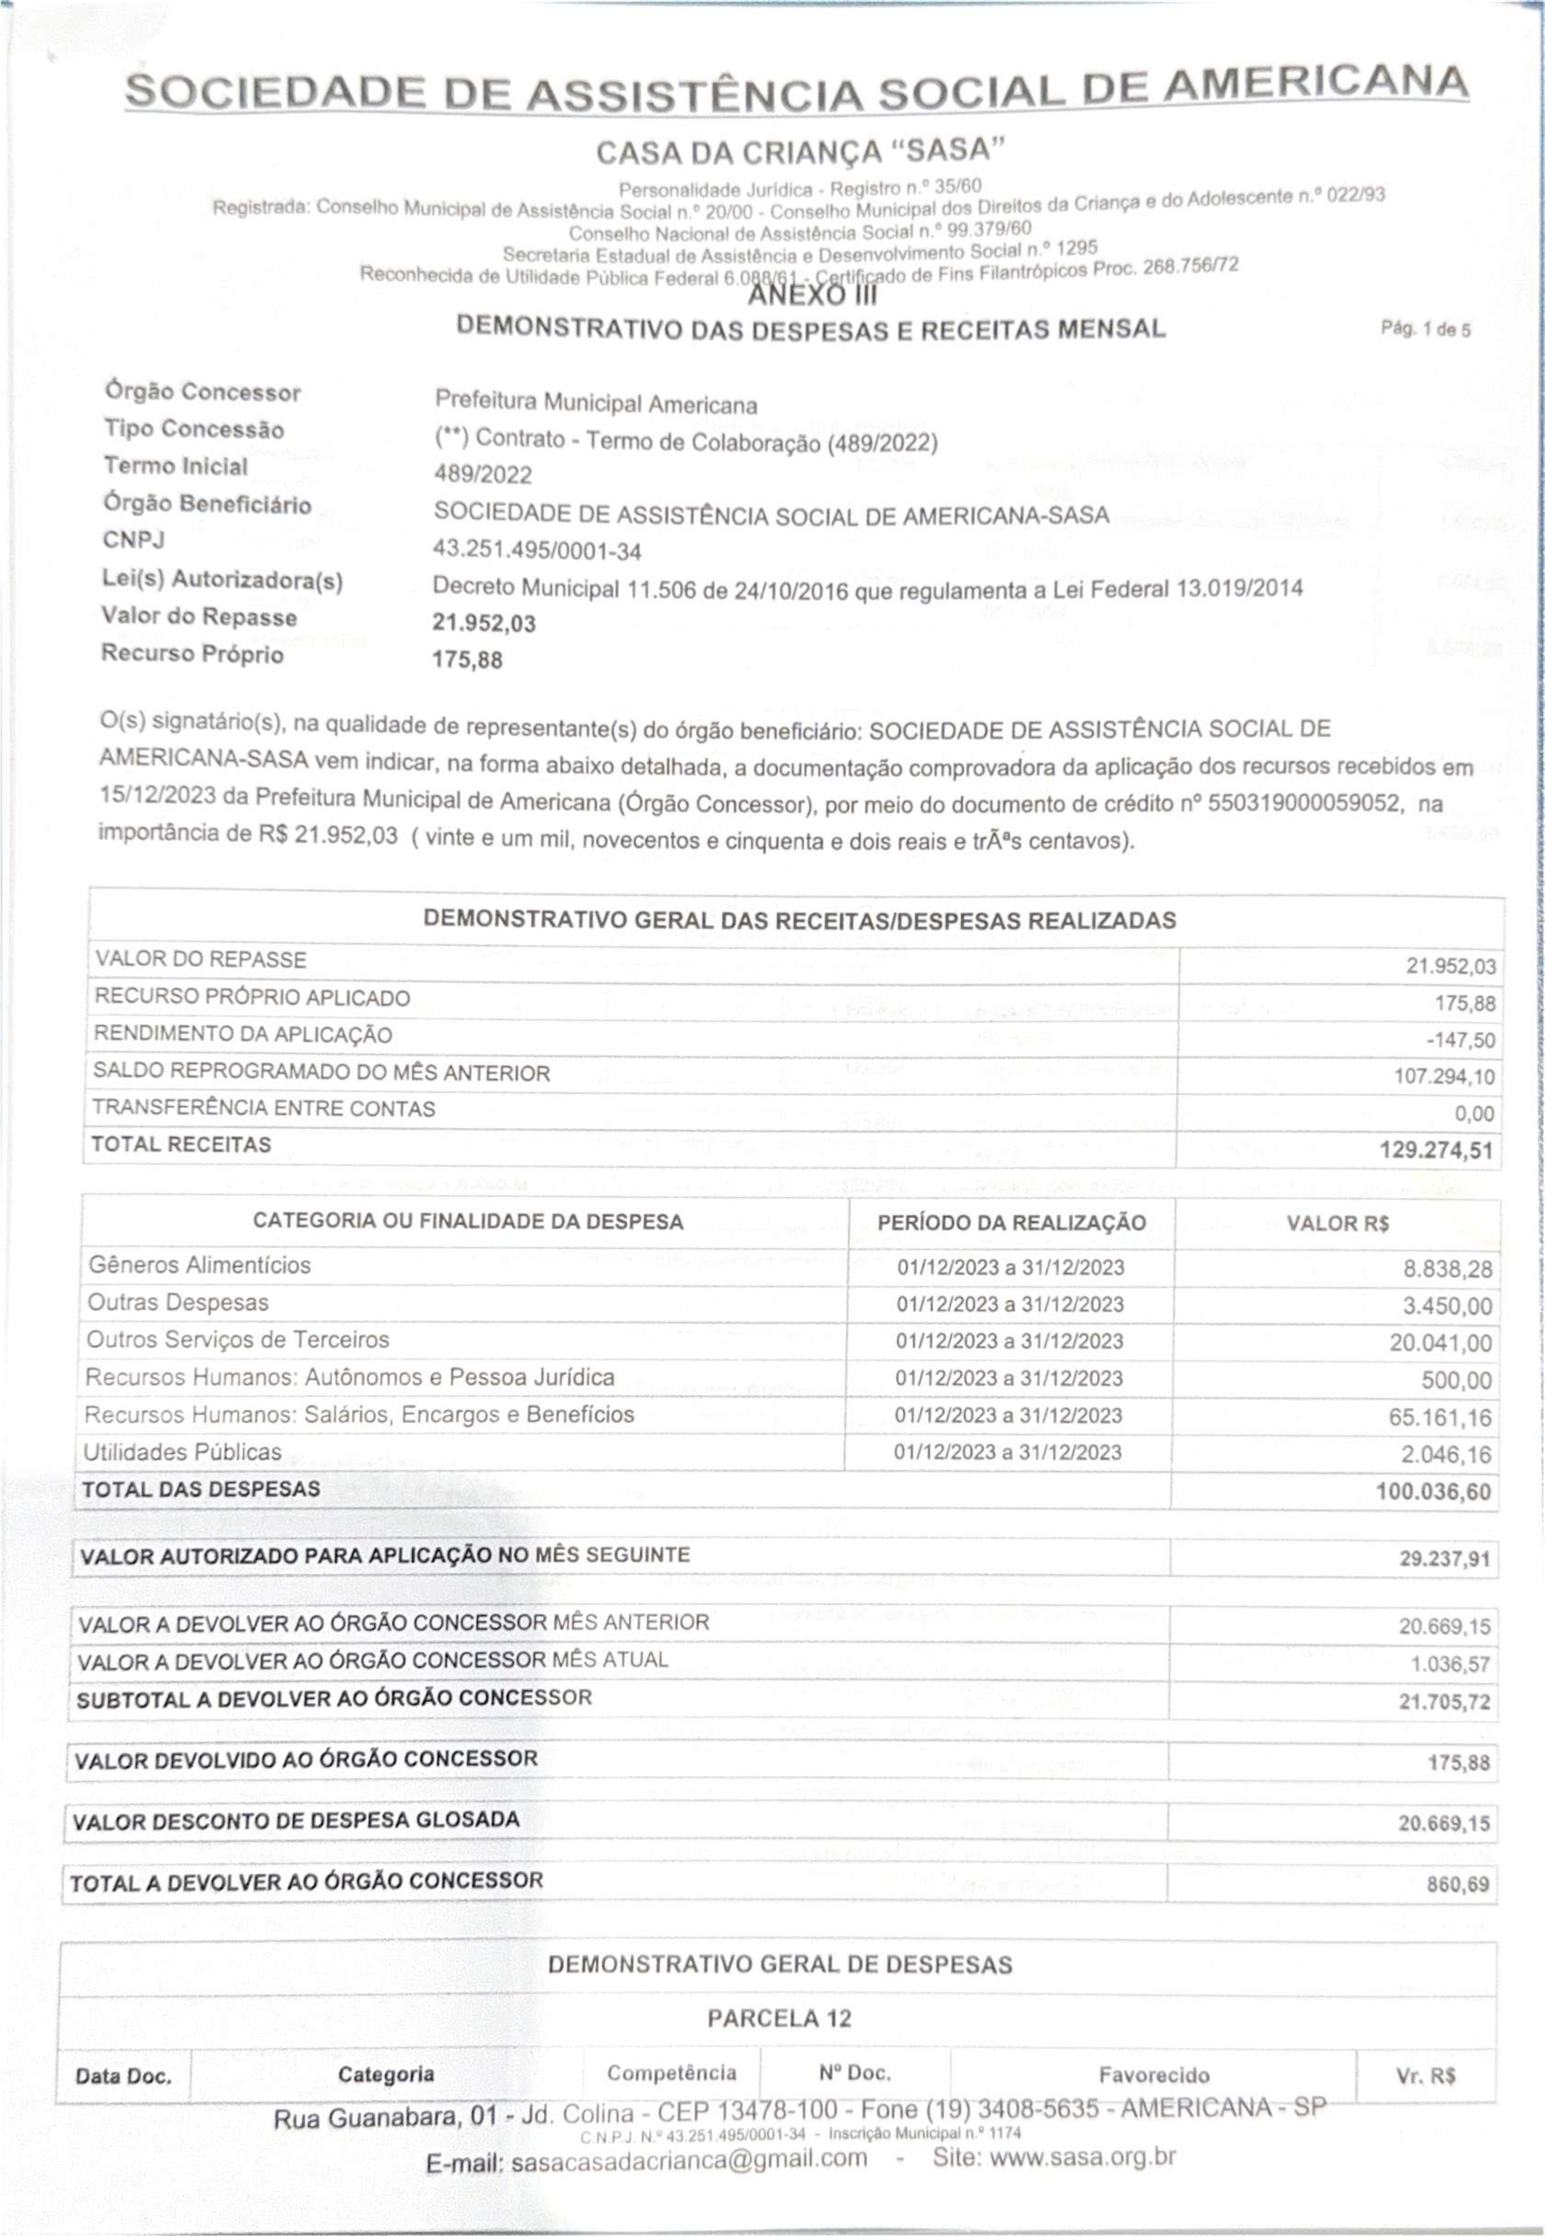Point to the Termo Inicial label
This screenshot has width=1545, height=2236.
[x=176, y=466]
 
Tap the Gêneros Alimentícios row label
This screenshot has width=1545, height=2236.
[x=199, y=1265]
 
